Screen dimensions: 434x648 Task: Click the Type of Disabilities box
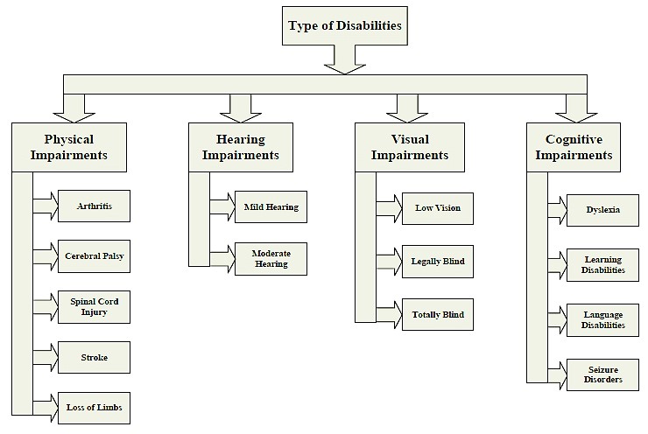344,26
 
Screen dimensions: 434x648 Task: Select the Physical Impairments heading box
69,146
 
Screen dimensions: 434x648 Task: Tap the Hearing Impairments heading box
241,146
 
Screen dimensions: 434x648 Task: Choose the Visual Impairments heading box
409,146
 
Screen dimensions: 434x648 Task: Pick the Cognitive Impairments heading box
579,146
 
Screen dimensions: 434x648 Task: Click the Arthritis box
94,206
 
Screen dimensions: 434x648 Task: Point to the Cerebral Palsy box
94,255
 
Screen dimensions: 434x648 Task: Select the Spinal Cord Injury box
94,306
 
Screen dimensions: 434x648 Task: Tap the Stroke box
94,357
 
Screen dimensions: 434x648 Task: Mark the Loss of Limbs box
94,407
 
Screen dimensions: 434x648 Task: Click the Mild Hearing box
271,207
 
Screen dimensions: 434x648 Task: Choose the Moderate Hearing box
271,258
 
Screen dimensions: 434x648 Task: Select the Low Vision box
437,208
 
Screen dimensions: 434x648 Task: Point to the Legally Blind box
437,261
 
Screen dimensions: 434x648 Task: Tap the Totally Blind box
437,314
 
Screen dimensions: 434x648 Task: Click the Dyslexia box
602,210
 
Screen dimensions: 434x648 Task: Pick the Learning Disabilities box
602,264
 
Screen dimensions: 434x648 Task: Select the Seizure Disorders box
602,374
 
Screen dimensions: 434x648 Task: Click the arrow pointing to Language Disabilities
557,318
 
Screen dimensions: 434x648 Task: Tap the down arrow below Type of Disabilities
344,59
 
